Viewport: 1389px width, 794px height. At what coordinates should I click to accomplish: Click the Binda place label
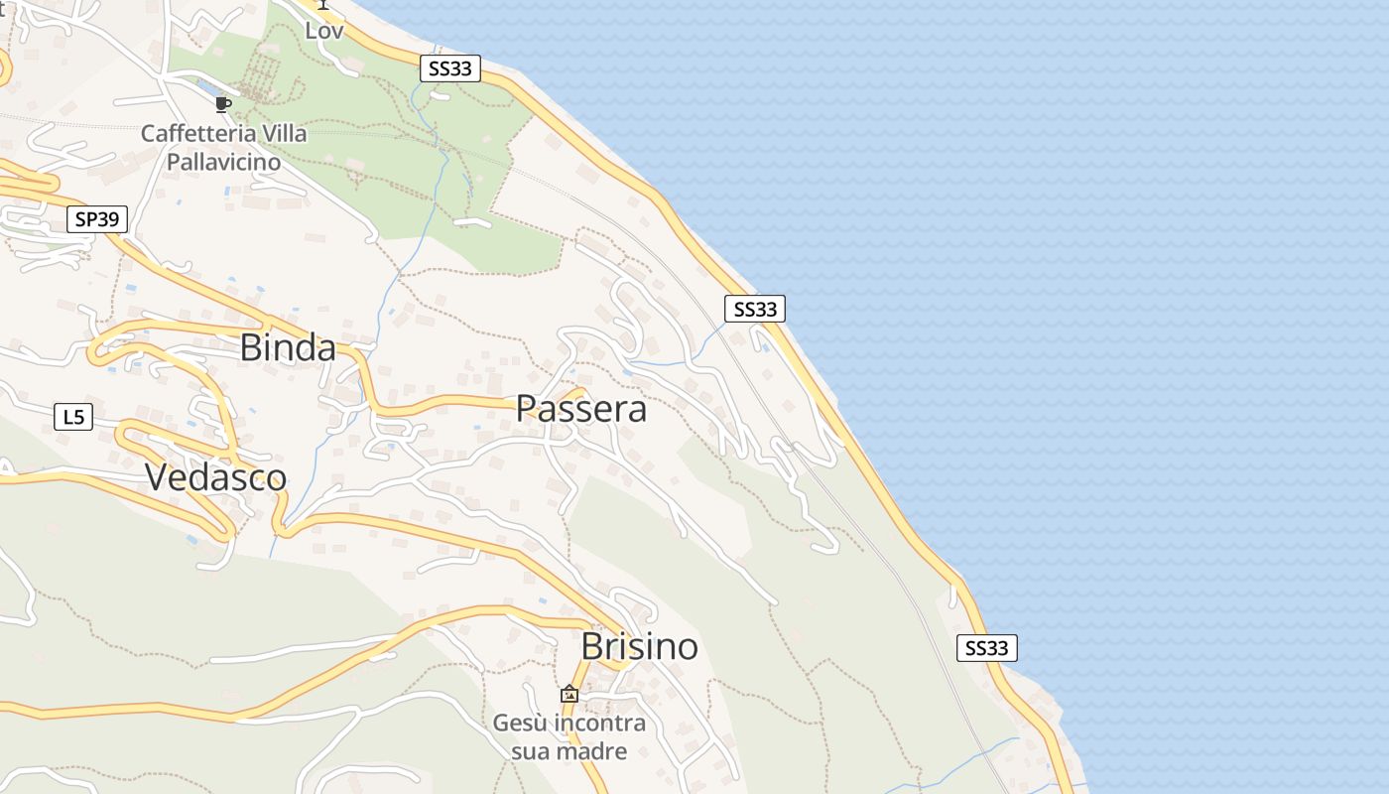click(288, 348)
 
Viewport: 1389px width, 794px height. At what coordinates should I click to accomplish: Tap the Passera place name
click(581, 409)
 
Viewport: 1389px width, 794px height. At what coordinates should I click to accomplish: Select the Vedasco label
click(215, 477)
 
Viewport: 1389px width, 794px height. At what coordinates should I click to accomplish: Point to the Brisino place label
click(639, 647)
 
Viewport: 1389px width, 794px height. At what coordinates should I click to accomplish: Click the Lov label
click(323, 31)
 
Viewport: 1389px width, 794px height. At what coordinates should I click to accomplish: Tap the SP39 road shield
click(97, 219)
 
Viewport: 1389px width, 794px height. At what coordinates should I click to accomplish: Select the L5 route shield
click(73, 418)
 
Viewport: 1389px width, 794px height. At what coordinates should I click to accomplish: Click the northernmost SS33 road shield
click(450, 68)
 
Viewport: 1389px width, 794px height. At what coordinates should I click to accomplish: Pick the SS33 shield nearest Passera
click(754, 310)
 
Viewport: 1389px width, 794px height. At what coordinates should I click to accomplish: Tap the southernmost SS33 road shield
click(987, 649)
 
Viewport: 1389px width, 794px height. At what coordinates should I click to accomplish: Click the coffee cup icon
click(223, 104)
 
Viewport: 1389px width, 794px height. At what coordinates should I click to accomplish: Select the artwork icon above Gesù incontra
click(569, 694)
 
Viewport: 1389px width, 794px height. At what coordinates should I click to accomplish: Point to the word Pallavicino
click(223, 160)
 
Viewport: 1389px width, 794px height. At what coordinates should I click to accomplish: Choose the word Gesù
click(518, 724)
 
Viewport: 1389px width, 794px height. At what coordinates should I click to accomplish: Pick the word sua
click(530, 750)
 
